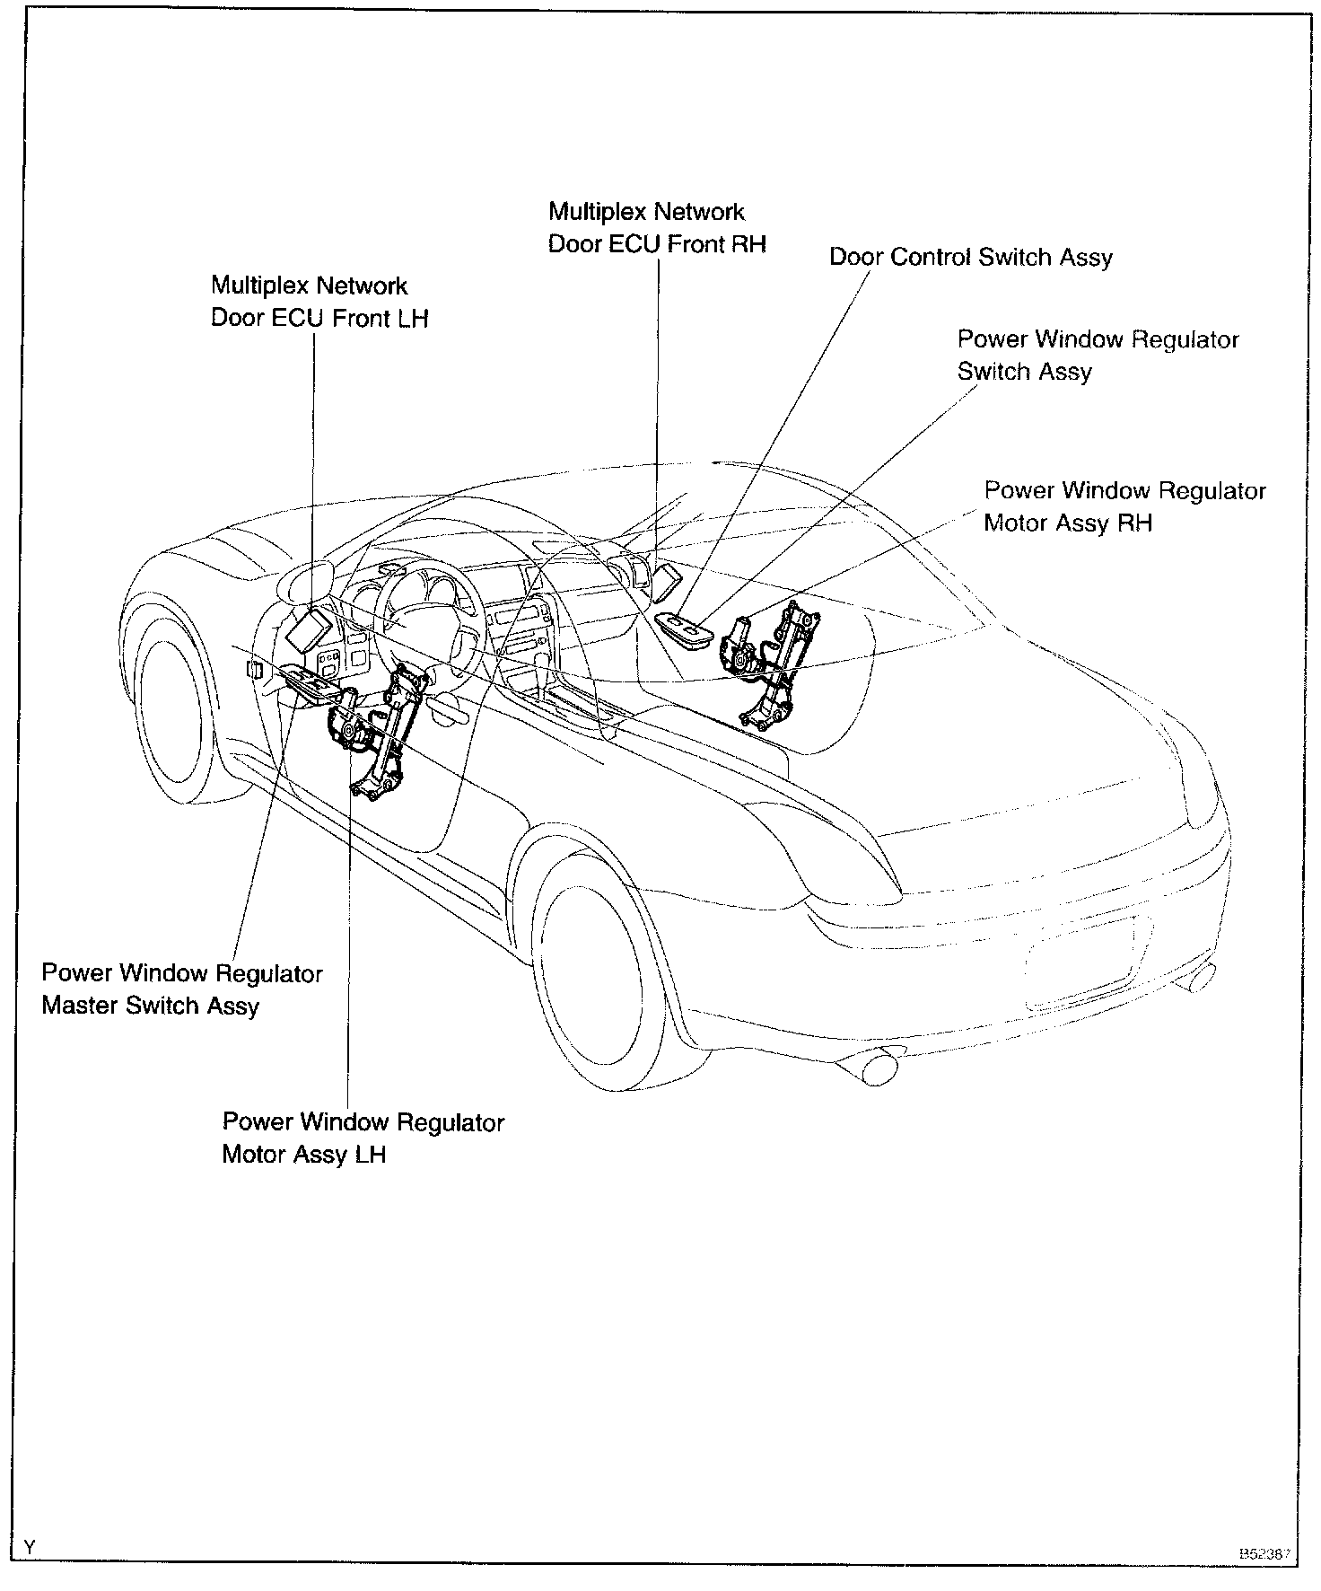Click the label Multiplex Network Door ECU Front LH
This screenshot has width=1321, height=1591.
point(319,303)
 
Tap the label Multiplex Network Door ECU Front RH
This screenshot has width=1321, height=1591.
point(657,228)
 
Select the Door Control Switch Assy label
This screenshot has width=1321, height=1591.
point(970,258)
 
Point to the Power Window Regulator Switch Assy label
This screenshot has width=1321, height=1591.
point(1098,356)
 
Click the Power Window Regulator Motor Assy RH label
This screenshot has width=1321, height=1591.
point(1124,507)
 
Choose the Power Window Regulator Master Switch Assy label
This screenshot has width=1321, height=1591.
point(182,989)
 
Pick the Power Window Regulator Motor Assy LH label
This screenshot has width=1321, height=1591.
point(363,1138)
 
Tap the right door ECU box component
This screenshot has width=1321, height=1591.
point(669,582)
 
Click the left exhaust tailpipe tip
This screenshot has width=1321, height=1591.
point(875,1068)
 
